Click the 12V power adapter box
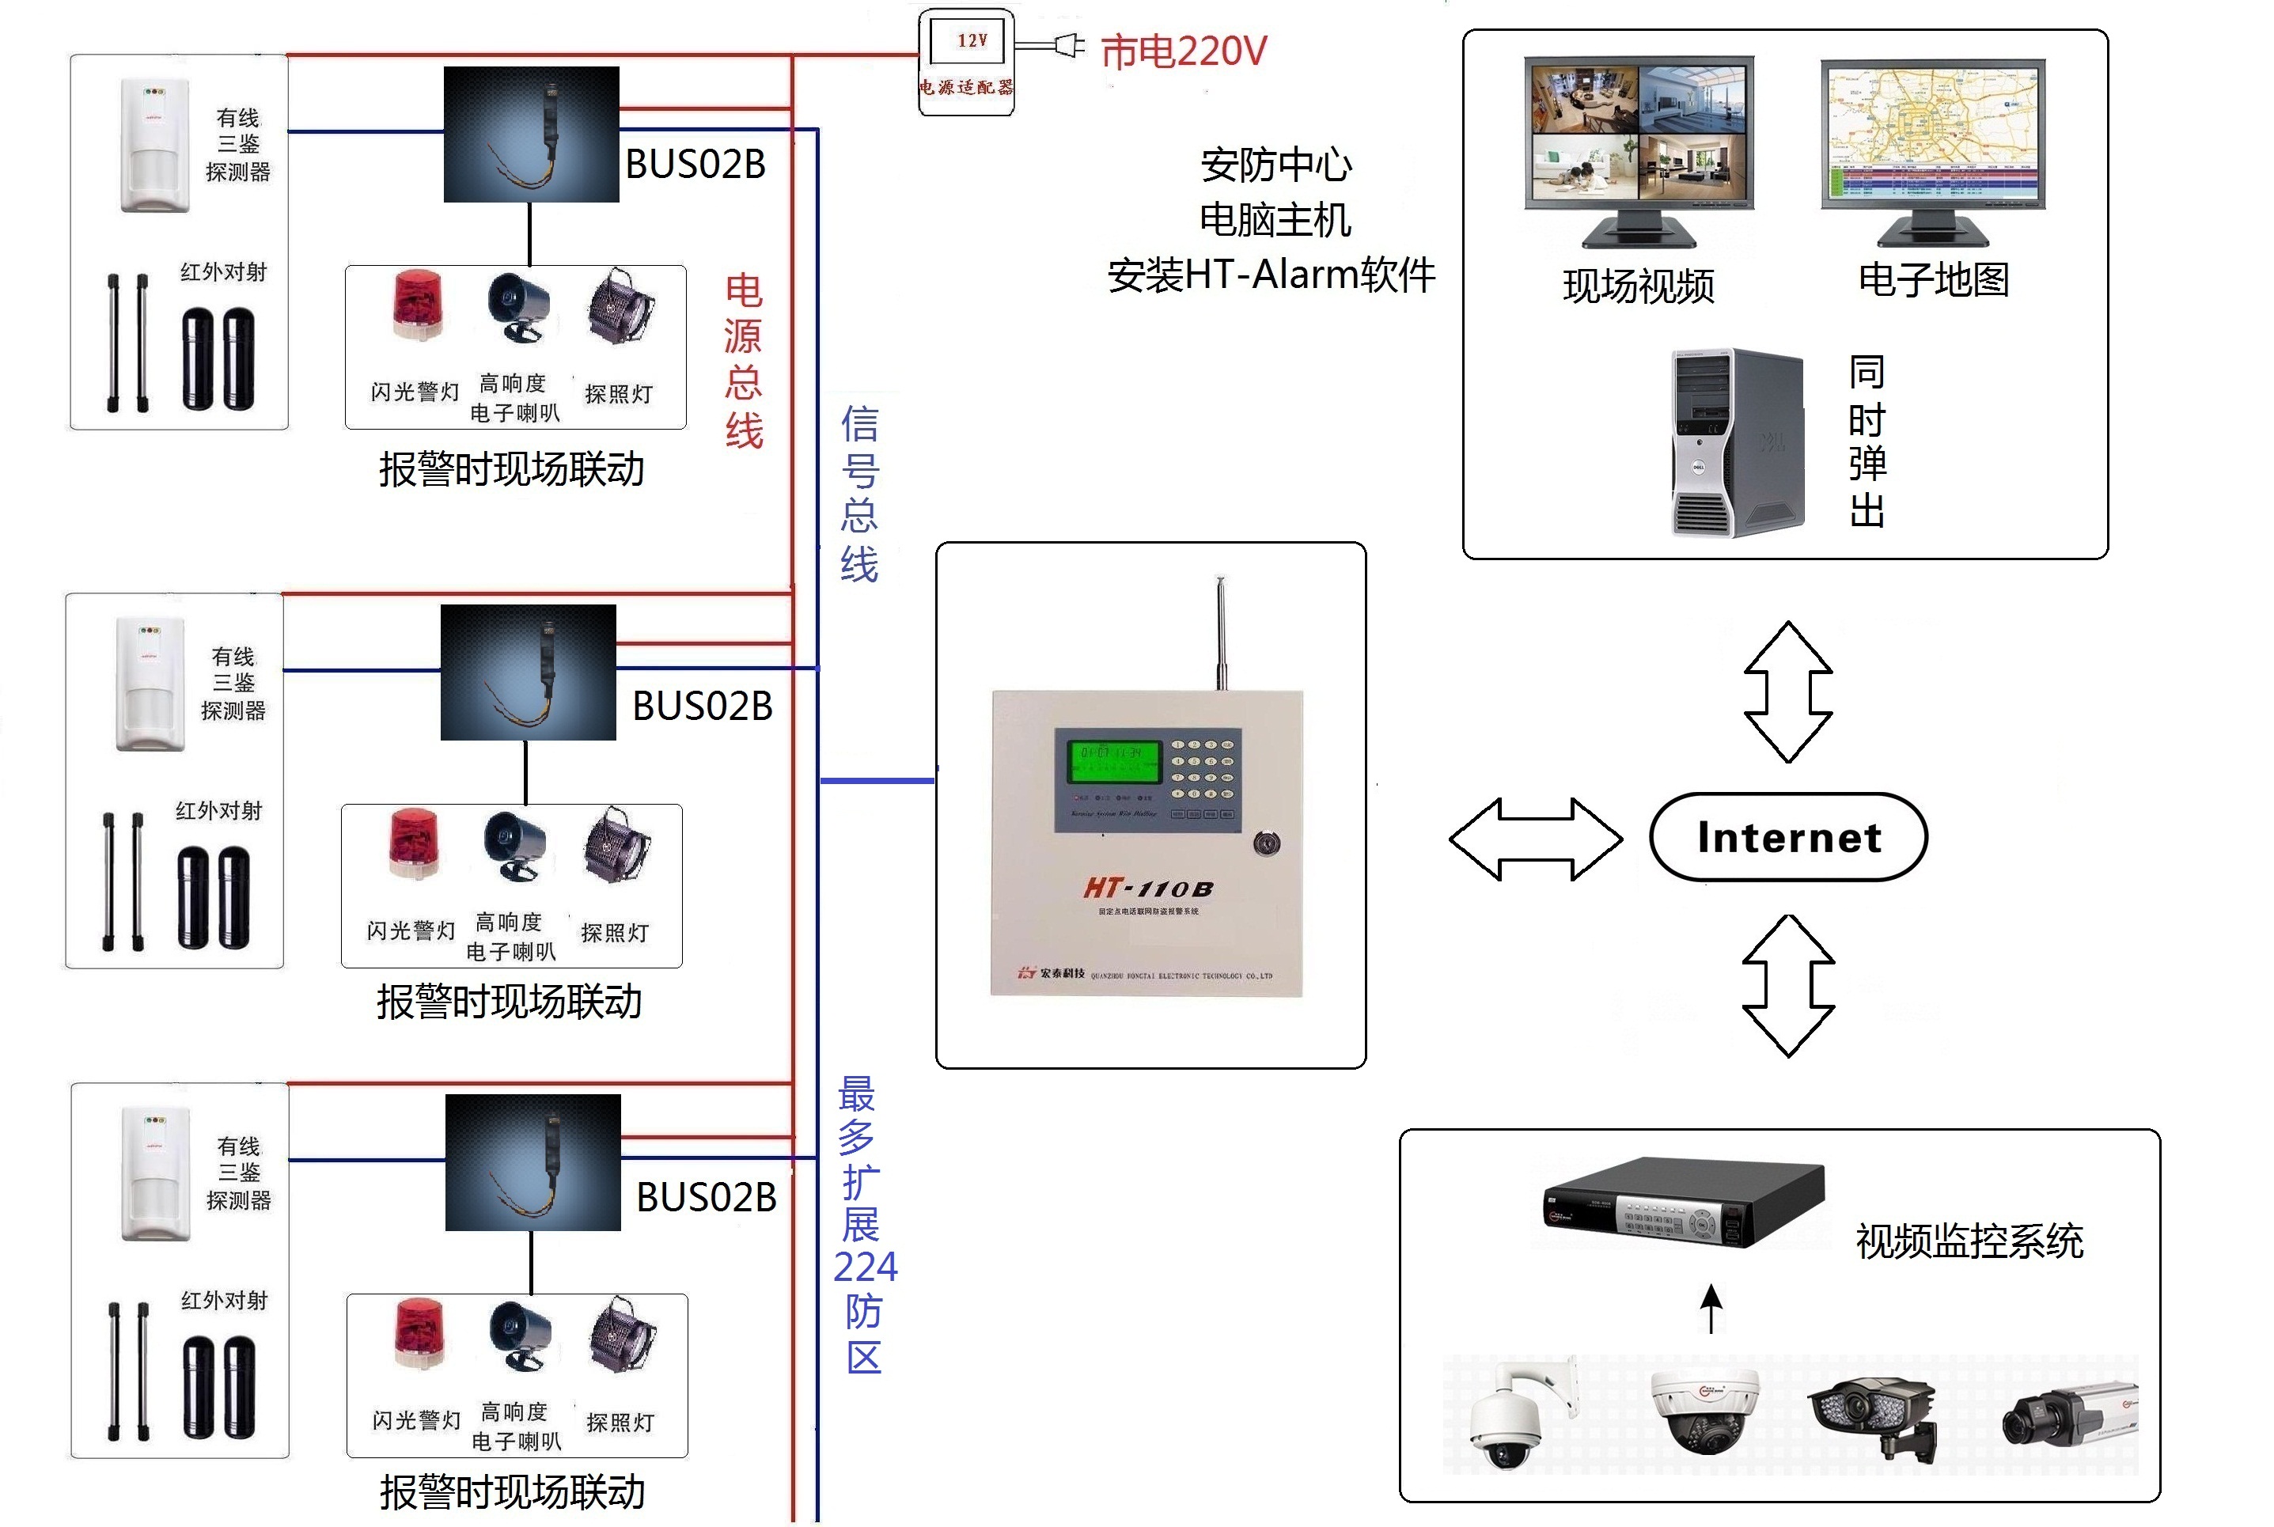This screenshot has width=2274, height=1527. point(966,63)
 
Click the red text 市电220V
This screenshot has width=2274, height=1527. point(1182,51)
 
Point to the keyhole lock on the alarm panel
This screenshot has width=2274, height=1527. point(1265,843)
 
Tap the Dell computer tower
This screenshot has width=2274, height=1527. point(1738,443)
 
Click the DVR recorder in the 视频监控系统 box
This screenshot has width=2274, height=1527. point(1683,1203)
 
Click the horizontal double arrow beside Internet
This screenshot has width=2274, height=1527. point(1536,839)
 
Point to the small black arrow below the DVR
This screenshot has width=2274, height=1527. point(1711,1308)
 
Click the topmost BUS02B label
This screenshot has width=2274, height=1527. point(695,165)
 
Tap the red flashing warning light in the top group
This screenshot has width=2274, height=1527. point(417,305)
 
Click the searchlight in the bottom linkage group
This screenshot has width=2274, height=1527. point(623,1334)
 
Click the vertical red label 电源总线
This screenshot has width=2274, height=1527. point(743,360)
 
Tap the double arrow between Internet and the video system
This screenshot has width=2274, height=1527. point(1788,986)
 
